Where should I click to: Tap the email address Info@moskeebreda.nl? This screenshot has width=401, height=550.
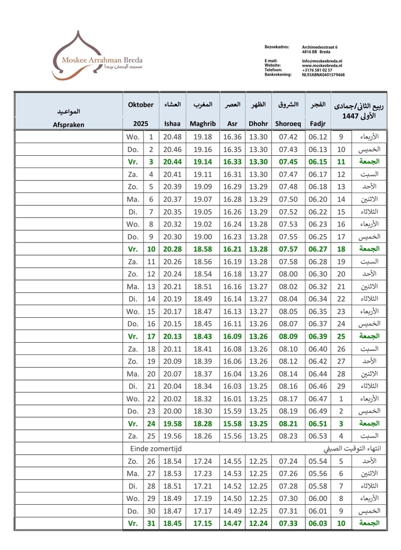(322, 61)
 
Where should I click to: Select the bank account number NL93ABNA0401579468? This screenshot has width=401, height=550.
(323, 74)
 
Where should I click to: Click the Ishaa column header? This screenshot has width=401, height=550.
(171, 123)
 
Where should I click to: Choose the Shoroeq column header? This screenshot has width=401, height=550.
(288, 123)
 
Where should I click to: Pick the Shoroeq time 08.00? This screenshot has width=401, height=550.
(288, 274)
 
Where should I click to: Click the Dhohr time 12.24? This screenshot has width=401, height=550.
(258, 523)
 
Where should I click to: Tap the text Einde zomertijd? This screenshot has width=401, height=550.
(156, 449)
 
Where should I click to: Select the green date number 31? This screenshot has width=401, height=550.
(151, 523)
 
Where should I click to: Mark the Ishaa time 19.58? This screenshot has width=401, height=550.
(171, 424)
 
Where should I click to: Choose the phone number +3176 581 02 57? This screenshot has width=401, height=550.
(317, 70)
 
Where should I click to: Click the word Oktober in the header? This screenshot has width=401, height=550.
(140, 105)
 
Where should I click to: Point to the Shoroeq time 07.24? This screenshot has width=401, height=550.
(288, 461)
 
